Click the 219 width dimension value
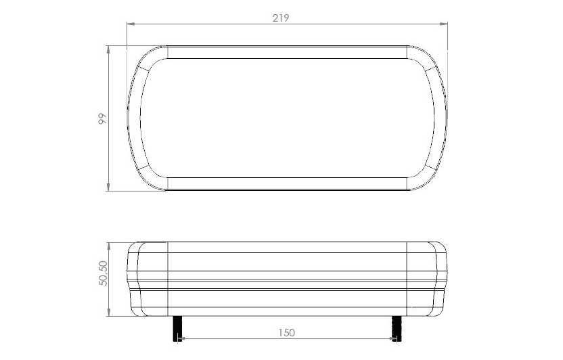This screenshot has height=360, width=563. (x=281, y=18)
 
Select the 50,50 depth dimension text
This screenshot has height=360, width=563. (x=103, y=273)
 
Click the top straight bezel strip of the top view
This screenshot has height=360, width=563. (x=286, y=52)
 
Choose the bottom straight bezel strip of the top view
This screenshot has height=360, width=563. (x=286, y=183)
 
